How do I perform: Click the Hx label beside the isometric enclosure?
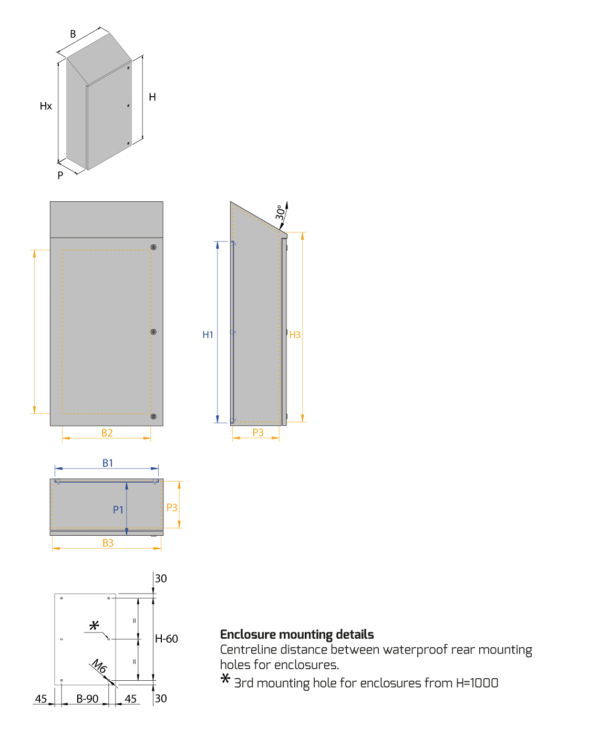click(46, 106)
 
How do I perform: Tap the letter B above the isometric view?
click(73, 34)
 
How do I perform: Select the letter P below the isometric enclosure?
click(60, 175)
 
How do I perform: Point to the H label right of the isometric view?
click(152, 97)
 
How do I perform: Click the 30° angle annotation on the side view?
click(281, 212)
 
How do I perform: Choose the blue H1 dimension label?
click(208, 335)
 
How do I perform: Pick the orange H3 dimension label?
click(295, 335)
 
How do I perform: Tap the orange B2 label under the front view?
click(107, 433)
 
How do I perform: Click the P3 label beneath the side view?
click(258, 433)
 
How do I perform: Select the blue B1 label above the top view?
click(108, 463)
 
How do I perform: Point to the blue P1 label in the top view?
click(118, 509)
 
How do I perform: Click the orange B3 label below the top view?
click(108, 543)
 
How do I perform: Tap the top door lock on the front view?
click(153, 247)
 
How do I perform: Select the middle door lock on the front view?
click(153, 332)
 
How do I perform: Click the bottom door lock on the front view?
click(153, 416)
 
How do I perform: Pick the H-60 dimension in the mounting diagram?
click(167, 639)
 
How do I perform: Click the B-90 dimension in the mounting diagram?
click(87, 699)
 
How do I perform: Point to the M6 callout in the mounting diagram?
click(99, 666)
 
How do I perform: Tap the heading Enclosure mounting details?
click(297, 635)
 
